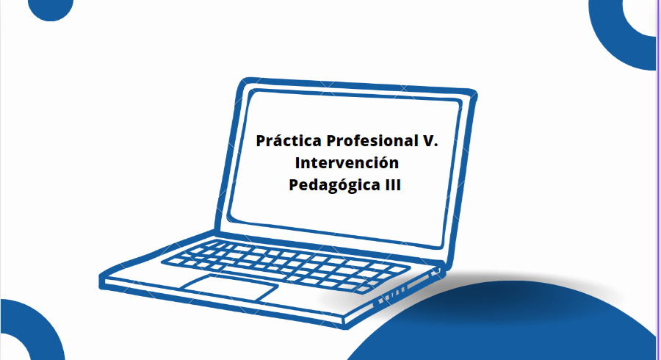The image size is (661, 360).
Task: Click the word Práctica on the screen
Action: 289,140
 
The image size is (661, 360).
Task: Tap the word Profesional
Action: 372,140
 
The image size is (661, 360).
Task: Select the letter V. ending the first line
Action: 430,141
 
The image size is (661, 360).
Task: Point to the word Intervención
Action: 347,162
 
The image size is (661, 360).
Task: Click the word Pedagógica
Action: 334,185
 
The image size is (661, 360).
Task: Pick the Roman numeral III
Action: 392,185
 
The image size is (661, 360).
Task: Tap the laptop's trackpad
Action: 229,287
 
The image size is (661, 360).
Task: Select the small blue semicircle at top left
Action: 51,10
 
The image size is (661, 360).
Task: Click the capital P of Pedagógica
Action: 294,184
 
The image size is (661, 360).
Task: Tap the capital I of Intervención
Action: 297,162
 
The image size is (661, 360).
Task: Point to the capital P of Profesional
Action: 332,141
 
